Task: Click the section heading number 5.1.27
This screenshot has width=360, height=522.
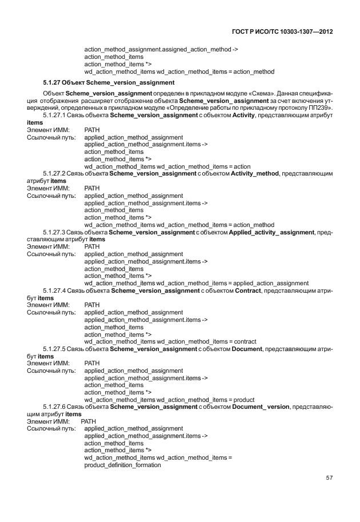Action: (54, 83)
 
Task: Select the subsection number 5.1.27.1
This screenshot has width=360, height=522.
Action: (55, 115)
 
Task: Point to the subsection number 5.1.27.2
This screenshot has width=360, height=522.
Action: (55, 173)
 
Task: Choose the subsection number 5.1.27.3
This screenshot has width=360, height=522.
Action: (55, 232)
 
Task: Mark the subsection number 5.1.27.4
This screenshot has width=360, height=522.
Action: (55, 291)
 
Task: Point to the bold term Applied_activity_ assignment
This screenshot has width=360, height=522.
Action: (275, 232)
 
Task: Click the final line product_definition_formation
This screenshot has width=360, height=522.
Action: (122, 465)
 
